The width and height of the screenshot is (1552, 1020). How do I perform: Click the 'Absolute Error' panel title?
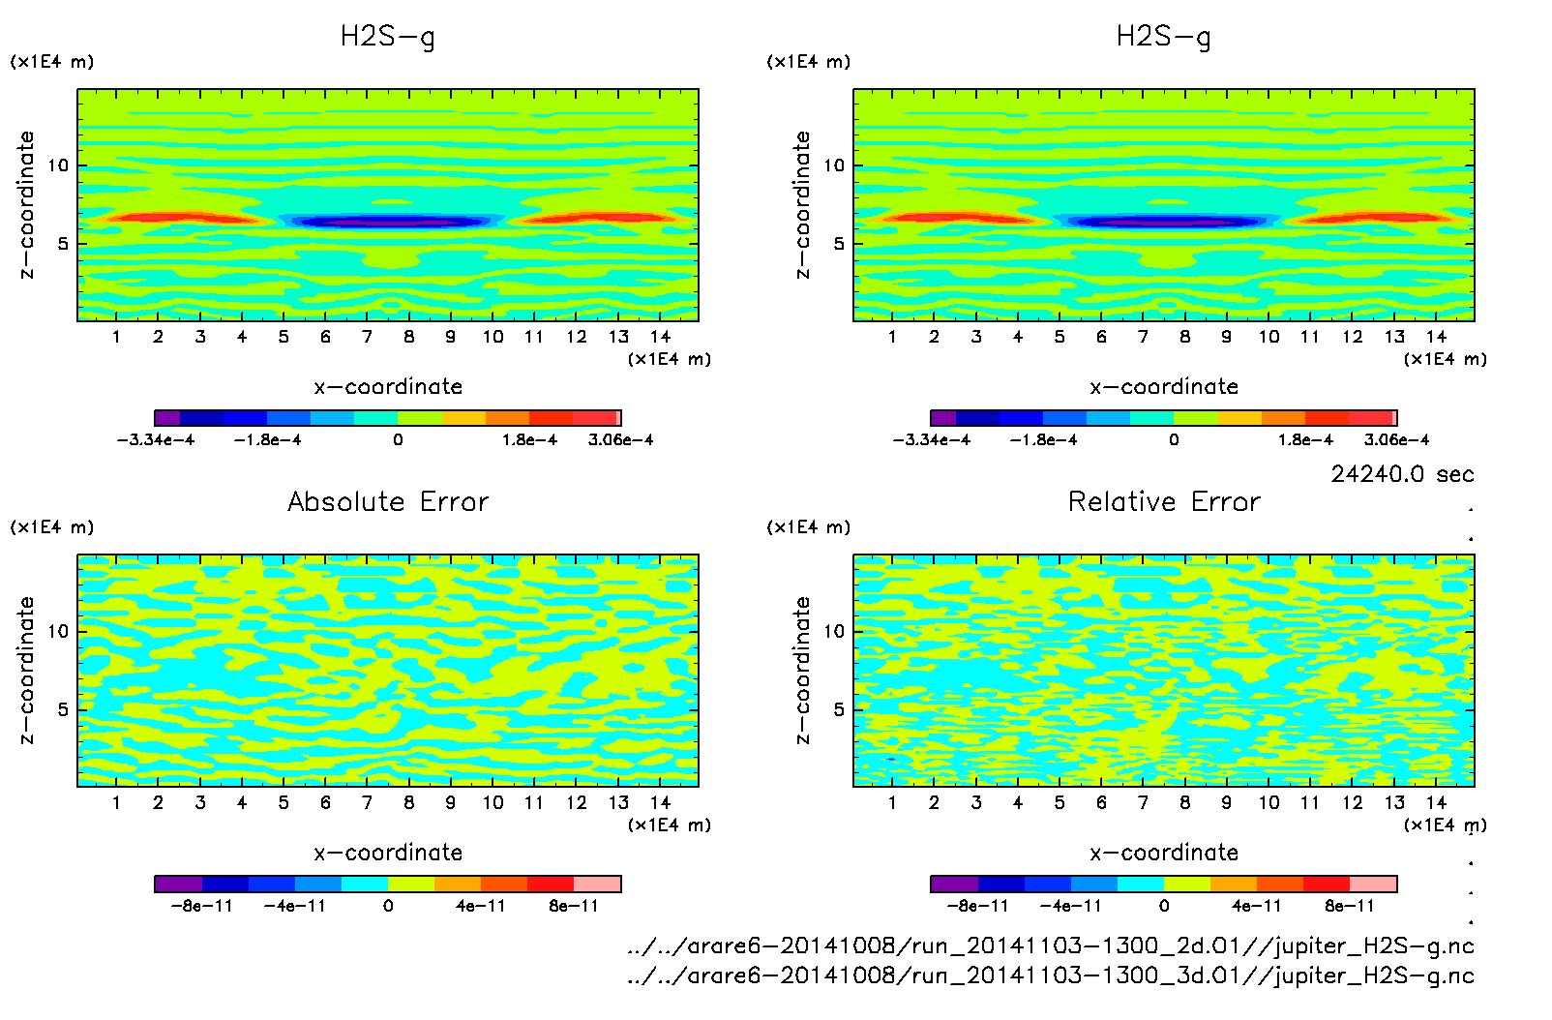388,501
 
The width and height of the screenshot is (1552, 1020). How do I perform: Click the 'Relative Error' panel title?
1164,501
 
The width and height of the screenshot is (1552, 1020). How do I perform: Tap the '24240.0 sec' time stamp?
1402,474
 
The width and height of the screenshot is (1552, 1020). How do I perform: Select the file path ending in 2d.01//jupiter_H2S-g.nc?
1050,945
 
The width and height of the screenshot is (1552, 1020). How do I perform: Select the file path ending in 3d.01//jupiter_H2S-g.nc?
1050,975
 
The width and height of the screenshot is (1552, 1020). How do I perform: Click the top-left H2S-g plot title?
388,37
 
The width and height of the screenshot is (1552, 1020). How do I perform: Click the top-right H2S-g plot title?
1164,37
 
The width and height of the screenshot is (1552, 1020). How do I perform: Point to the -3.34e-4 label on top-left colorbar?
156,439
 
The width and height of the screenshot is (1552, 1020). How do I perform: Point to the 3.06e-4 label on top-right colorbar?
1396,439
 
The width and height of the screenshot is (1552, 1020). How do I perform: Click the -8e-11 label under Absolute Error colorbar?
201,906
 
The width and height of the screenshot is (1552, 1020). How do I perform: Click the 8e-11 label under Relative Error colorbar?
1350,906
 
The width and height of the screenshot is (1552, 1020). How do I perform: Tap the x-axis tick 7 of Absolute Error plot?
367,802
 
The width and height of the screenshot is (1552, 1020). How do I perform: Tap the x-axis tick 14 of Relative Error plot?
1436,802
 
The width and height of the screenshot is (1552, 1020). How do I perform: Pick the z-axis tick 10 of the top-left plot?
59,165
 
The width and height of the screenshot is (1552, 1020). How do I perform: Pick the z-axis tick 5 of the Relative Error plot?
839,709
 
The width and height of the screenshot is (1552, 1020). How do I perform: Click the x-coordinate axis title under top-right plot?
1164,387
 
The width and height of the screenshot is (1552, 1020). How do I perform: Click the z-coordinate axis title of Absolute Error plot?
27,670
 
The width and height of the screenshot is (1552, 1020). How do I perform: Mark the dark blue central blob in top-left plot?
392,222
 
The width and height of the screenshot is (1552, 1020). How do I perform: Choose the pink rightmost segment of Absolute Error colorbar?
597,884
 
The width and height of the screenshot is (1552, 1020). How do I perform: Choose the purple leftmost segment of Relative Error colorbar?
954,884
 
